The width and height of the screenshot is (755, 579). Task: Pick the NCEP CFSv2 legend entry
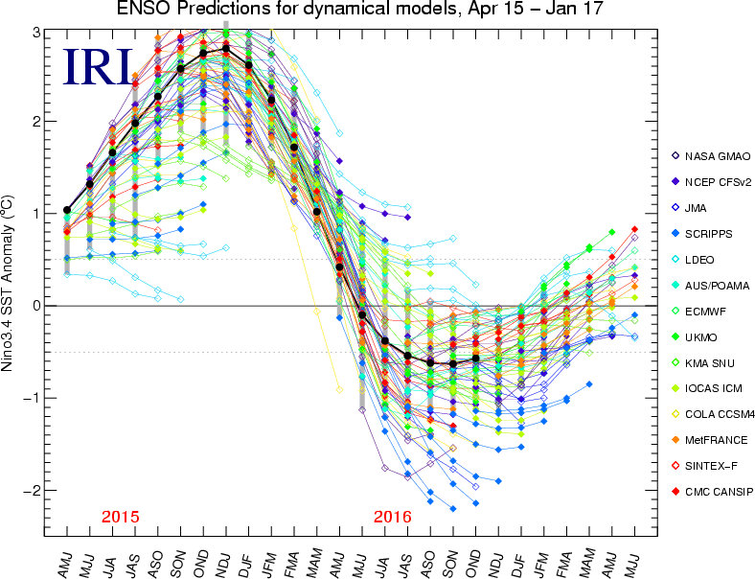tap(716, 180)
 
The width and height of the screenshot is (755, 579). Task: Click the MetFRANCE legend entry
tap(713, 440)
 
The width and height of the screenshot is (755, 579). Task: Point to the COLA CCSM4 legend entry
tap(717, 414)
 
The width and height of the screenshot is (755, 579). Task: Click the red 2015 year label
tap(120, 517)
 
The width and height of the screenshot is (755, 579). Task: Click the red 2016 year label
tap(393, 517)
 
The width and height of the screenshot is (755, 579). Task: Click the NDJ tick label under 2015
tap(226, 556)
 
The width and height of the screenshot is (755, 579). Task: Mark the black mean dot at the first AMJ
tap(66, 210)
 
